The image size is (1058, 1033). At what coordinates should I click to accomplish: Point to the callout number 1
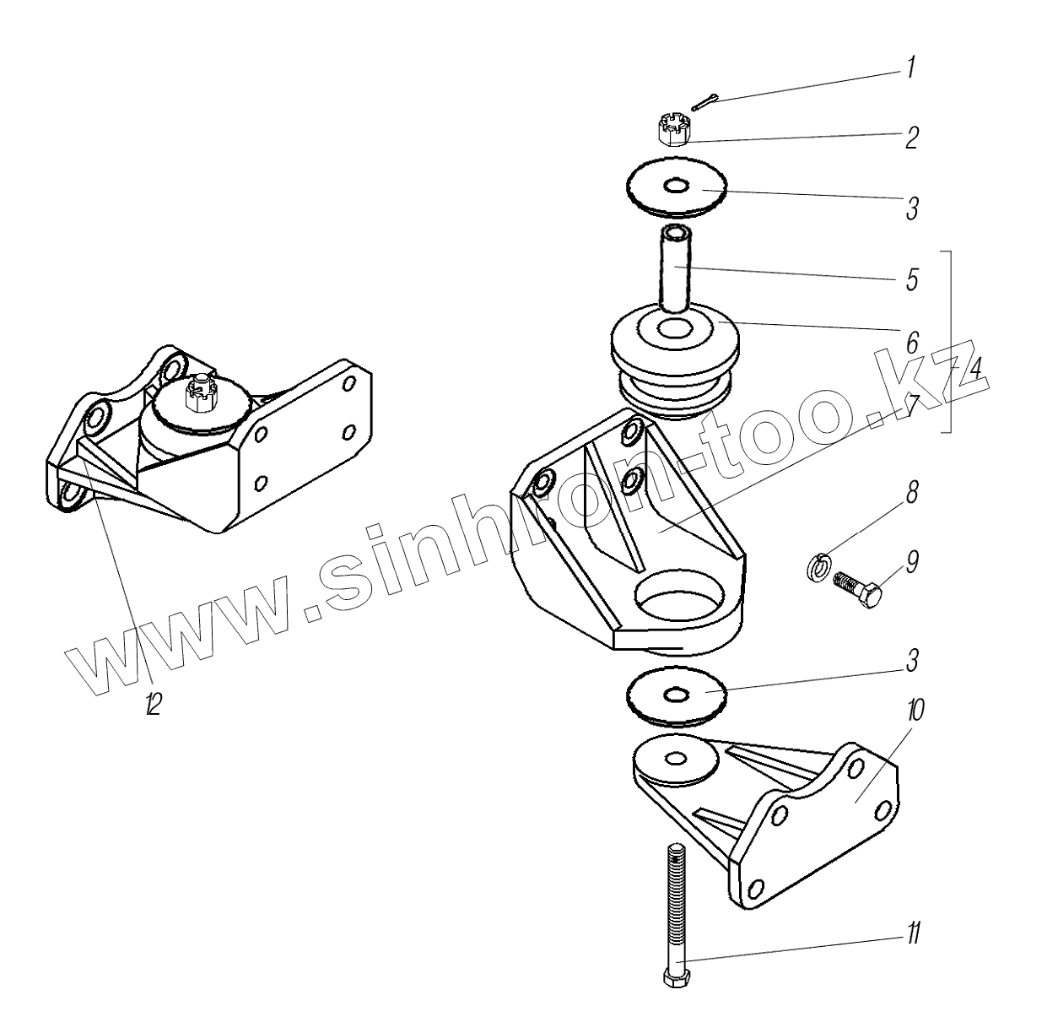click(910, 68)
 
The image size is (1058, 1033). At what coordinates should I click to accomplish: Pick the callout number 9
click(913, 561)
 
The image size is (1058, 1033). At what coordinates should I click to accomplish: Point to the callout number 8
click(912, 493)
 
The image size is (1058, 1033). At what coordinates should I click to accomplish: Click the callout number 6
click(912, 342)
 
